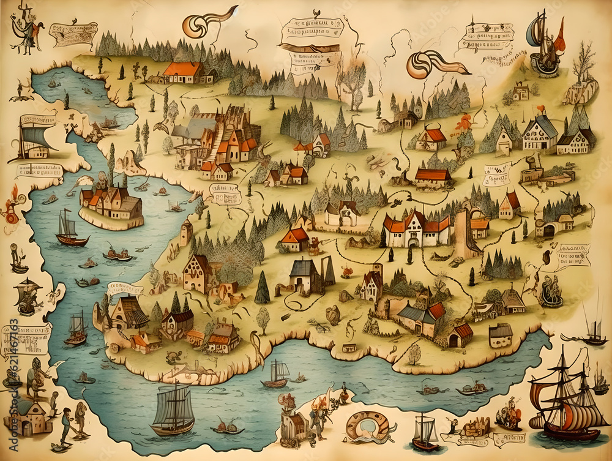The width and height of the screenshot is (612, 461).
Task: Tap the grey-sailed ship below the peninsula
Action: pyautogui.click(x=173, y=409)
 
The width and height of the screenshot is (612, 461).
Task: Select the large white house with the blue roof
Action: pyautogui.click(x=539, y=133)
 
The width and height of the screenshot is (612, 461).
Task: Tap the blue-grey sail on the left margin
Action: pyautogui.click(x=35, y=137)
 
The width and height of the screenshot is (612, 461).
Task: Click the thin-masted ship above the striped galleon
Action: pyautogui.click(x=592, y=324)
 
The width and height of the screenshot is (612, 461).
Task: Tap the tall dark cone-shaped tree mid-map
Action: pyautogui.click(x=262, y=287)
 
